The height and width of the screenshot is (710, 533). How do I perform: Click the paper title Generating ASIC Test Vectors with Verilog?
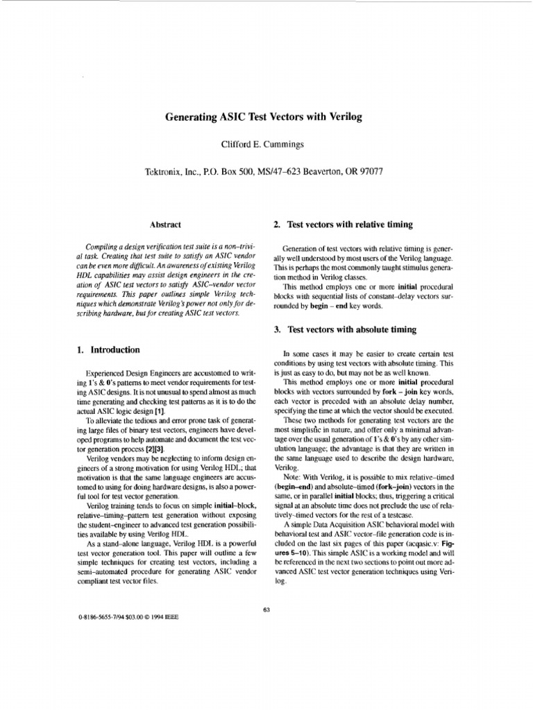coord(266,118)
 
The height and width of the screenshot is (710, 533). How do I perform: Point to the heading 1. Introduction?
coord(108,350)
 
